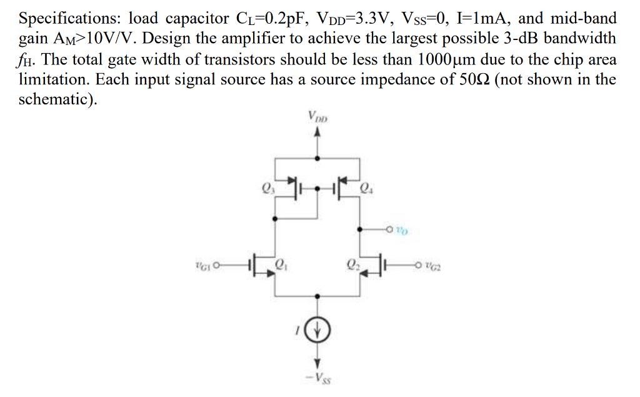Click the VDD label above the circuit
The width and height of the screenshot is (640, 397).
(x=318, y=116)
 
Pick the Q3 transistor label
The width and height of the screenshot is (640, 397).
(x=267, y=186)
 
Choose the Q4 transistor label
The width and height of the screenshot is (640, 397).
(x=368, y=187)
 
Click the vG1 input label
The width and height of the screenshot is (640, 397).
(x=202, y=267)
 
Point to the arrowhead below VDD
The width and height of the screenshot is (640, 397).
(x=318, y=132)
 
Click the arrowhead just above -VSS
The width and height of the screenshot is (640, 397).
(x=318, y=362)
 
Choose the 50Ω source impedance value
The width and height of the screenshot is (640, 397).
(x=470, y=80)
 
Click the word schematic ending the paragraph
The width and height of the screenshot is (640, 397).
(x=56, y=101)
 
